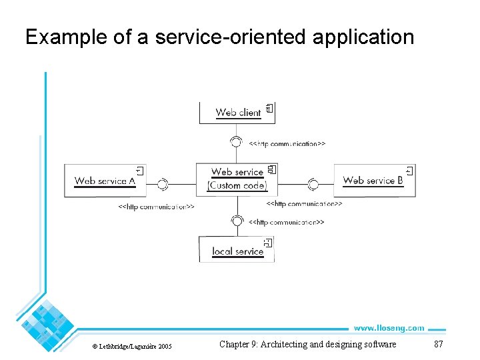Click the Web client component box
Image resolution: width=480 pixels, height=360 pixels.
[237, 112]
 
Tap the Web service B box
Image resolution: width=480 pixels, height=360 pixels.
[373, 180]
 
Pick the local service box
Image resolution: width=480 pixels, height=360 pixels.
[237, 250]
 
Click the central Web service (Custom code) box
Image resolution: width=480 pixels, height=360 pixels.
[237, 179]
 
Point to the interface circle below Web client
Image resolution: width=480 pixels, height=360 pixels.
[235, 141]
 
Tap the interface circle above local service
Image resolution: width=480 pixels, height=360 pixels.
[235, 221]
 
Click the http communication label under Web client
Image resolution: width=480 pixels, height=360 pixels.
[287, 143]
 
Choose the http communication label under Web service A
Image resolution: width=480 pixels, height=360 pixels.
[156, 207]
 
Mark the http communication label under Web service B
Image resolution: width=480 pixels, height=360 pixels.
[304, 203]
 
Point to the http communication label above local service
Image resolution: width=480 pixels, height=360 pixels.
[286, 222]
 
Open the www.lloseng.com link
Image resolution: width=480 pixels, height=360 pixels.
[388, 328]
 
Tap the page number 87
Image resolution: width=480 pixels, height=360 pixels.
[438, 344]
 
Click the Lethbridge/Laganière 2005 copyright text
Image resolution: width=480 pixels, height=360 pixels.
[132, 346]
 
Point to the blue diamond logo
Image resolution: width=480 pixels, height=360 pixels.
[47, 325]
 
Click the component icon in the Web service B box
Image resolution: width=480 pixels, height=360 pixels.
[409, 171]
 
